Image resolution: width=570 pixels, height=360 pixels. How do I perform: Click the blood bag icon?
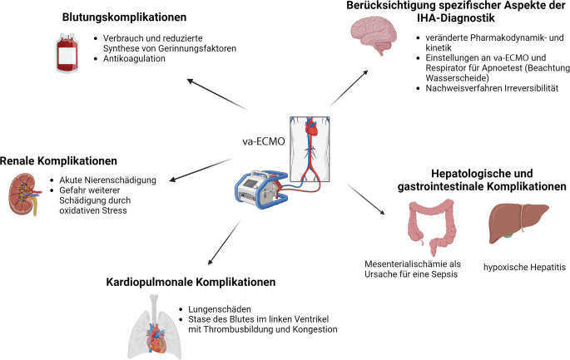[67, 53]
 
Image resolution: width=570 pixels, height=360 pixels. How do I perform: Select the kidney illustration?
[24, 195]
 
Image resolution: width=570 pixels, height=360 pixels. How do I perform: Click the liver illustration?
[518, 222]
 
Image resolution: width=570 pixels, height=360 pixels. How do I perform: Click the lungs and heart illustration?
[156, 327]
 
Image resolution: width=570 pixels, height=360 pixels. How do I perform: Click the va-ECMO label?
[264, 141]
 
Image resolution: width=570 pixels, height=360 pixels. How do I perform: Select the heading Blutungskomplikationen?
[124, 17]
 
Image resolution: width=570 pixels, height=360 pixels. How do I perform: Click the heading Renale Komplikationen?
[58, 161]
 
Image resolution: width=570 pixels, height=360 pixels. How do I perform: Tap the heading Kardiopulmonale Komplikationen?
[191, 282]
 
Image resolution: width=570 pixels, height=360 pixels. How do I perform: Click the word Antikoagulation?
[134, 58]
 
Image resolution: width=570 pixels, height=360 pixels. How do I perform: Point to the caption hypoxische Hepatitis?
[524, 268]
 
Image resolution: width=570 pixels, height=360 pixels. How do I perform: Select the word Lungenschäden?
[220, 309]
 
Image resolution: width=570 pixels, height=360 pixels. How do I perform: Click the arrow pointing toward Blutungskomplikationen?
[217, 94]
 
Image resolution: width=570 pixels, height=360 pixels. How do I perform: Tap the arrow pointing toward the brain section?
[349, 89]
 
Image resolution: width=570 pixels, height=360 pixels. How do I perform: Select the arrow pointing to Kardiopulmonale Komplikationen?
[224, 242]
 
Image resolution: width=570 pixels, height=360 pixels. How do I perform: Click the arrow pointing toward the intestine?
[365, 199]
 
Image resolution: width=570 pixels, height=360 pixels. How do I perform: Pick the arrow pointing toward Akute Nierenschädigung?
[201, 170]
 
